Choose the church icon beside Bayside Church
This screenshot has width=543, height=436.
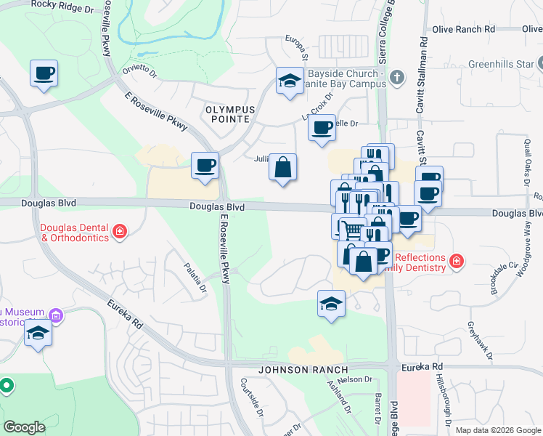tap(396, 76)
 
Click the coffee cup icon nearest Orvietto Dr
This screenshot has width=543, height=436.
tap(44, 73)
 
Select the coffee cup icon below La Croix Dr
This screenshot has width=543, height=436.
tap(322, 128)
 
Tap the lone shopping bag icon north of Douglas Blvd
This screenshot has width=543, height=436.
tap(282, 167)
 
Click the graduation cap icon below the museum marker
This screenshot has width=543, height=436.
tap(38, 334)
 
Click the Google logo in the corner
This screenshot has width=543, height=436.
tap(25, 427)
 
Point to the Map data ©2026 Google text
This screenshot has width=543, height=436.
tap(498, 430)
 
